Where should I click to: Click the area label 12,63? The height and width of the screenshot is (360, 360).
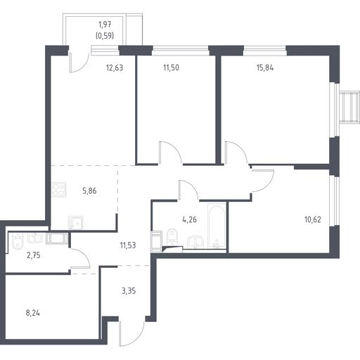click(x=115, y=68)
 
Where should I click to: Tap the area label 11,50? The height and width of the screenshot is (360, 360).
click(x=171, y=67)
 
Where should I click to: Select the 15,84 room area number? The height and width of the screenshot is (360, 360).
click(x=265, y=67)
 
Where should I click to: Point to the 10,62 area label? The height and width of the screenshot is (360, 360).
click(x=313, y=219)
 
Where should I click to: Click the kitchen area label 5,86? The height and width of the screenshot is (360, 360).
click(x=89, y=191)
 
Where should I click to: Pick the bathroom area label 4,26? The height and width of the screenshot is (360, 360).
click(x=189, y=219)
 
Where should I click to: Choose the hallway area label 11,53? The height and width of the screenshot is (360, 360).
click(x=128, y=245)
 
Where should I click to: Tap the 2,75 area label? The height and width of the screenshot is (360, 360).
click(x=34, y=255)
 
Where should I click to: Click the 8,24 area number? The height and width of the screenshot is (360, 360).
click(x=33, y=313)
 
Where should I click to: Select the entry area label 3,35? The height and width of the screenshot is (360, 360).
click(x=129, y=291)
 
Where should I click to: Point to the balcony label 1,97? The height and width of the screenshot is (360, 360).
click(x=105, y=24)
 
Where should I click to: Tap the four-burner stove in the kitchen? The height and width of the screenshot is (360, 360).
click(x=59, y=190)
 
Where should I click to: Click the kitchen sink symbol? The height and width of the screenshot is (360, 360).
click(x=75, y=222)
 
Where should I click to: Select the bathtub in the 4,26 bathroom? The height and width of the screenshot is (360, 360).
click(x=217, y=226)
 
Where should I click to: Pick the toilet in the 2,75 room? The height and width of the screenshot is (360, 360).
click(x=18, y=241)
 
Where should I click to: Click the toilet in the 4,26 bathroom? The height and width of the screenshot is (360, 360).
click(x=173, y=237)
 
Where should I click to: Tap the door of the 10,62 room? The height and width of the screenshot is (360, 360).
click(x=263, y=181)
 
